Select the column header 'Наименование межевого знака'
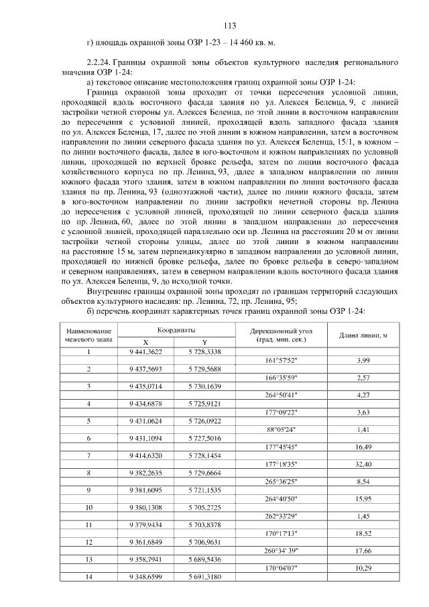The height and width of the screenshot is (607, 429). click(x=88, y=335)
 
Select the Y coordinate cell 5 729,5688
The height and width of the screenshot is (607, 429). click(x=204, y=369)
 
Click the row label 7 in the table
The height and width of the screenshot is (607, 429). click(x=88, y=455)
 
